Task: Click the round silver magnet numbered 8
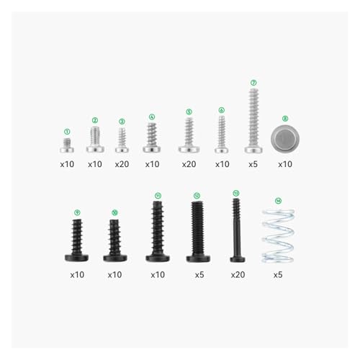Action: tap(284, 138)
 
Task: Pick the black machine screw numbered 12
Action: tap(197, 231)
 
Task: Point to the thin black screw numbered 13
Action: tap(236, 229)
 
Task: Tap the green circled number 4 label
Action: tap(152, 116)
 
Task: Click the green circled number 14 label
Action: tap(279, 200)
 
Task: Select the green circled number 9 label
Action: tap(77, 212)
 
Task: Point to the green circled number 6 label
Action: tap(222, 110)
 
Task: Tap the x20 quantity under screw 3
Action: tap(122, 164)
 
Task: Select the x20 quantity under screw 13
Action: tap(238, 274)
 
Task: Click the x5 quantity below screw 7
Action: tap(253, 164)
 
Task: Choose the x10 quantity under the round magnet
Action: tap(285, 164)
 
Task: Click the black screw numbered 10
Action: tap(114, 239)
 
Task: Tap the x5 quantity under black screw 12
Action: tap(198, 274)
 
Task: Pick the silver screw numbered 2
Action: tap(95, 139)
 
